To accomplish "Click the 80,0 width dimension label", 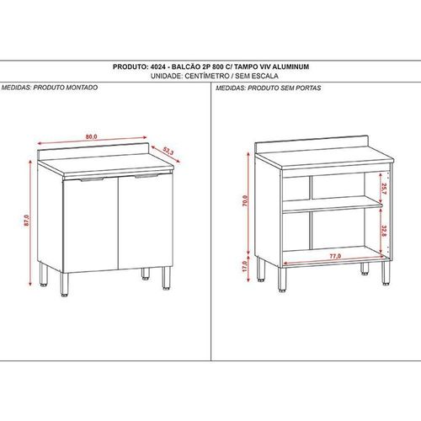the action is [91, 136].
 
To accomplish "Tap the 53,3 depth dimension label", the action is [168, 152].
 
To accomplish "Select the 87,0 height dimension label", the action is [27, 221].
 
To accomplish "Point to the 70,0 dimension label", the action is [245, 201].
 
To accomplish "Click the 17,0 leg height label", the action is [244, 266].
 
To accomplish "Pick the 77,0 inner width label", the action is [335, 256].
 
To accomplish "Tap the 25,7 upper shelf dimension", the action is [384, 189].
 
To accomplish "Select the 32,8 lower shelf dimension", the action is [384, 231].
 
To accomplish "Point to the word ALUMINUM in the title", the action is [290, 67].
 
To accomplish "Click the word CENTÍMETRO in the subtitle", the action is [207, 76].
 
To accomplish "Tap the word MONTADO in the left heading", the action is [82, 88].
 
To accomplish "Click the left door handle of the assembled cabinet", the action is [92, 179].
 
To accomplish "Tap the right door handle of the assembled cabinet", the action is [146, 176].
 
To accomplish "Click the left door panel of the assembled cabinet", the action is [90, 226].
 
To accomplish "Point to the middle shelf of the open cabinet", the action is [333, 204].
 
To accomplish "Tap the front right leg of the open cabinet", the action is [386, 274].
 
